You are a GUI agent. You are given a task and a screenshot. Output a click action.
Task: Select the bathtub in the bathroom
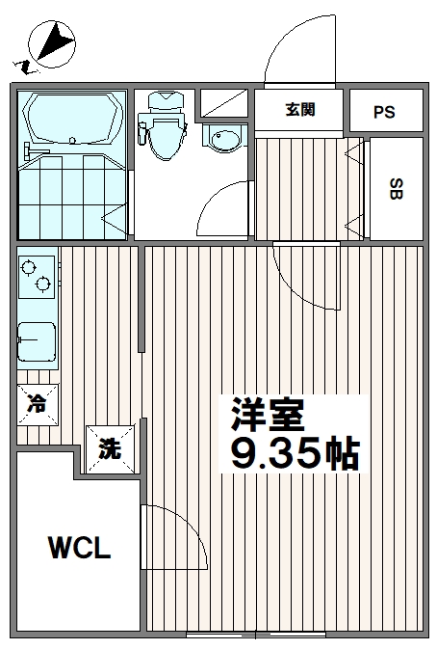pos(72,120)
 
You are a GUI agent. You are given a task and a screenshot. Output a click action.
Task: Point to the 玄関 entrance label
pos(298,109)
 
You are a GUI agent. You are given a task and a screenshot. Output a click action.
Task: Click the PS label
pos(384,112)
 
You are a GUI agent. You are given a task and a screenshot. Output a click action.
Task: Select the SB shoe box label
pos(396,188)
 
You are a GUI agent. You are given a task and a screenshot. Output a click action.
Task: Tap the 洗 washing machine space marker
pos(110,448)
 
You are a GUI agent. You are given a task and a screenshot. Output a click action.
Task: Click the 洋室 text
pos(267,416)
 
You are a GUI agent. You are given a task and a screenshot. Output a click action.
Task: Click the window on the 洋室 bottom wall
pos(255,635)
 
